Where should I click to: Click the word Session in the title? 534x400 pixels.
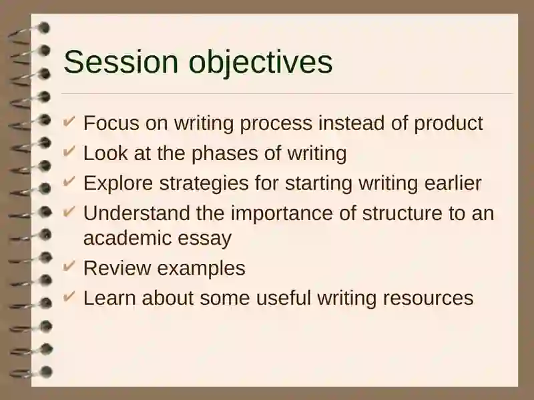[x=121, y=61]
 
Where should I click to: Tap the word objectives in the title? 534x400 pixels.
[x=260, y=63]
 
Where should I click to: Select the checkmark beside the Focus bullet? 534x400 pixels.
[x=69, y=121]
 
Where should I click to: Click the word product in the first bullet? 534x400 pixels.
[x=448, y=123]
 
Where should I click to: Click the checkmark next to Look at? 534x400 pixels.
[x=69, y=151]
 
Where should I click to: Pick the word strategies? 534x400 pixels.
[x=204, y=184]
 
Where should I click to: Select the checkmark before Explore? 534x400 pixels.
[x=69, y=181]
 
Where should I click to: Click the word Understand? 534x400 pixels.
[x=137, y=213]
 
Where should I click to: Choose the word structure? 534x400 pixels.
[x=402, y=213]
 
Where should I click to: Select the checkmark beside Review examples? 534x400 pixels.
[x=69, y=265]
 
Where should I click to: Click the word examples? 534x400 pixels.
[x=202, y=269]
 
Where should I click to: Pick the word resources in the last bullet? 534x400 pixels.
[x=428, y=299]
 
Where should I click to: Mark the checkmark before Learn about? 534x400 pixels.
[x=69, y=295]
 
